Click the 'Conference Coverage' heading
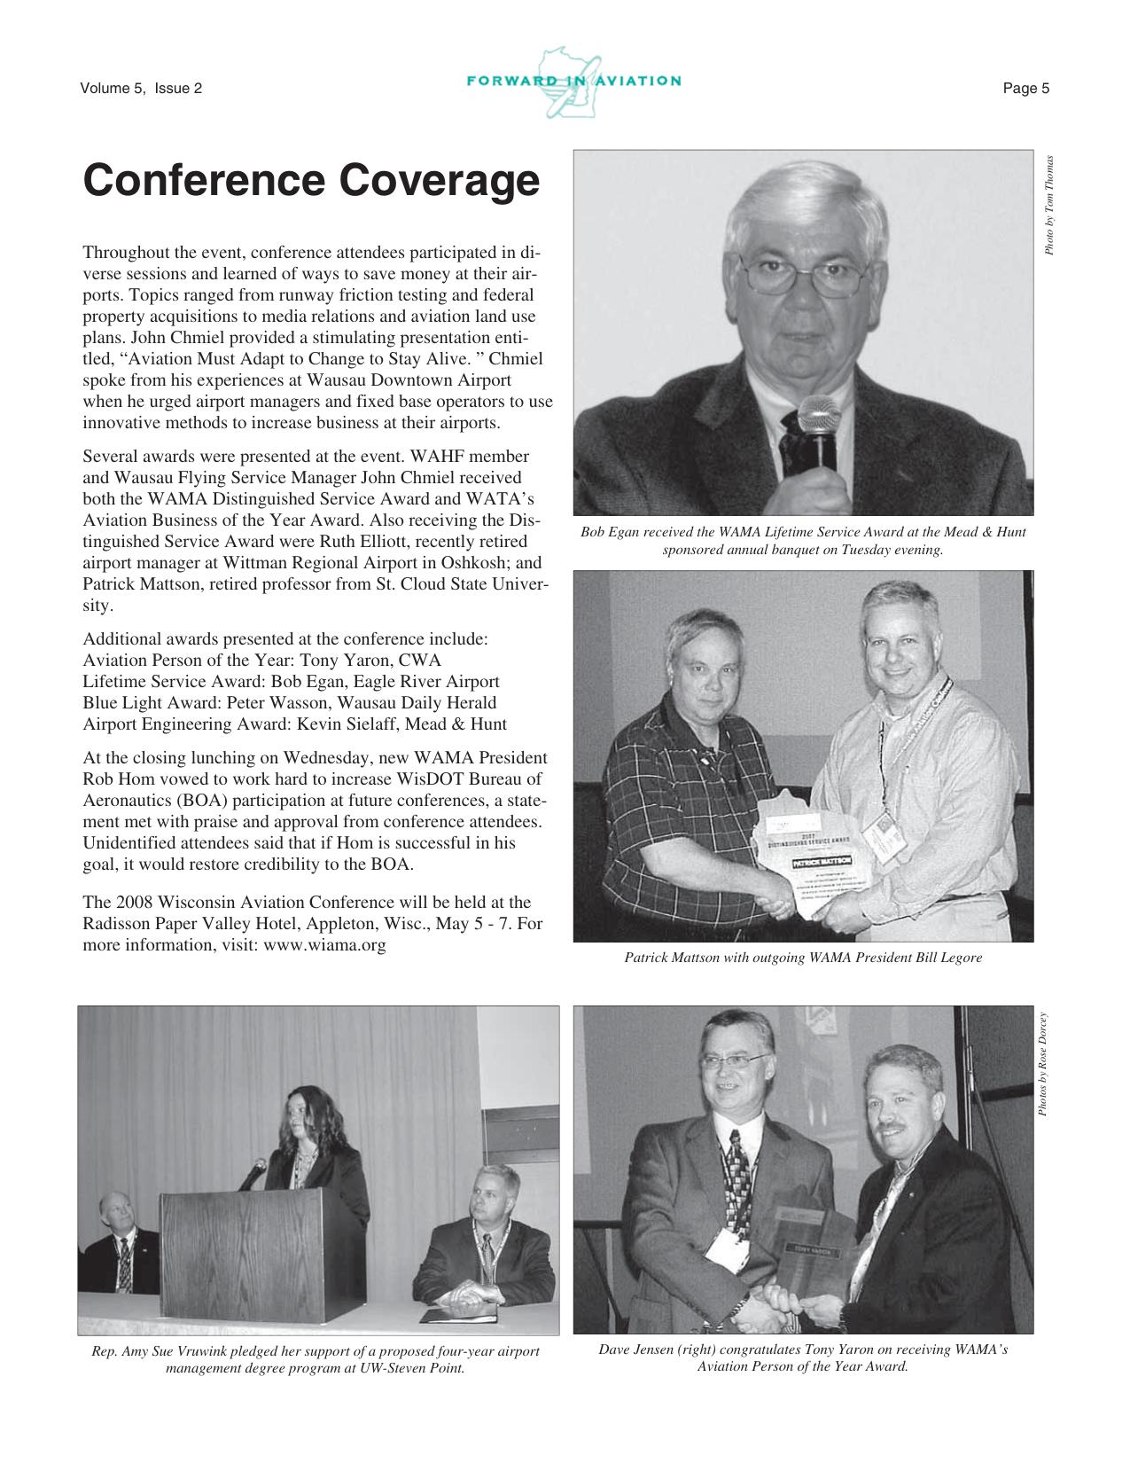[x=311, y=181]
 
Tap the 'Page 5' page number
[x=1026, y=88]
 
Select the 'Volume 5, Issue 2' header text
[x=141, y=88]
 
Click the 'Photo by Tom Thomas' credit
[x=1048, y=207]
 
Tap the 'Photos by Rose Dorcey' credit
[x=1044, y=1064]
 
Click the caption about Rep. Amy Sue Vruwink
[x=316, y=1359]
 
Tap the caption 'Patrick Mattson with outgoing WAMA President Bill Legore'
[x=803, y=958]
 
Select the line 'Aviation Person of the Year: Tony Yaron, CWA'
[x=261, y=660]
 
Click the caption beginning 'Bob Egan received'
[x=803, y=541]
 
